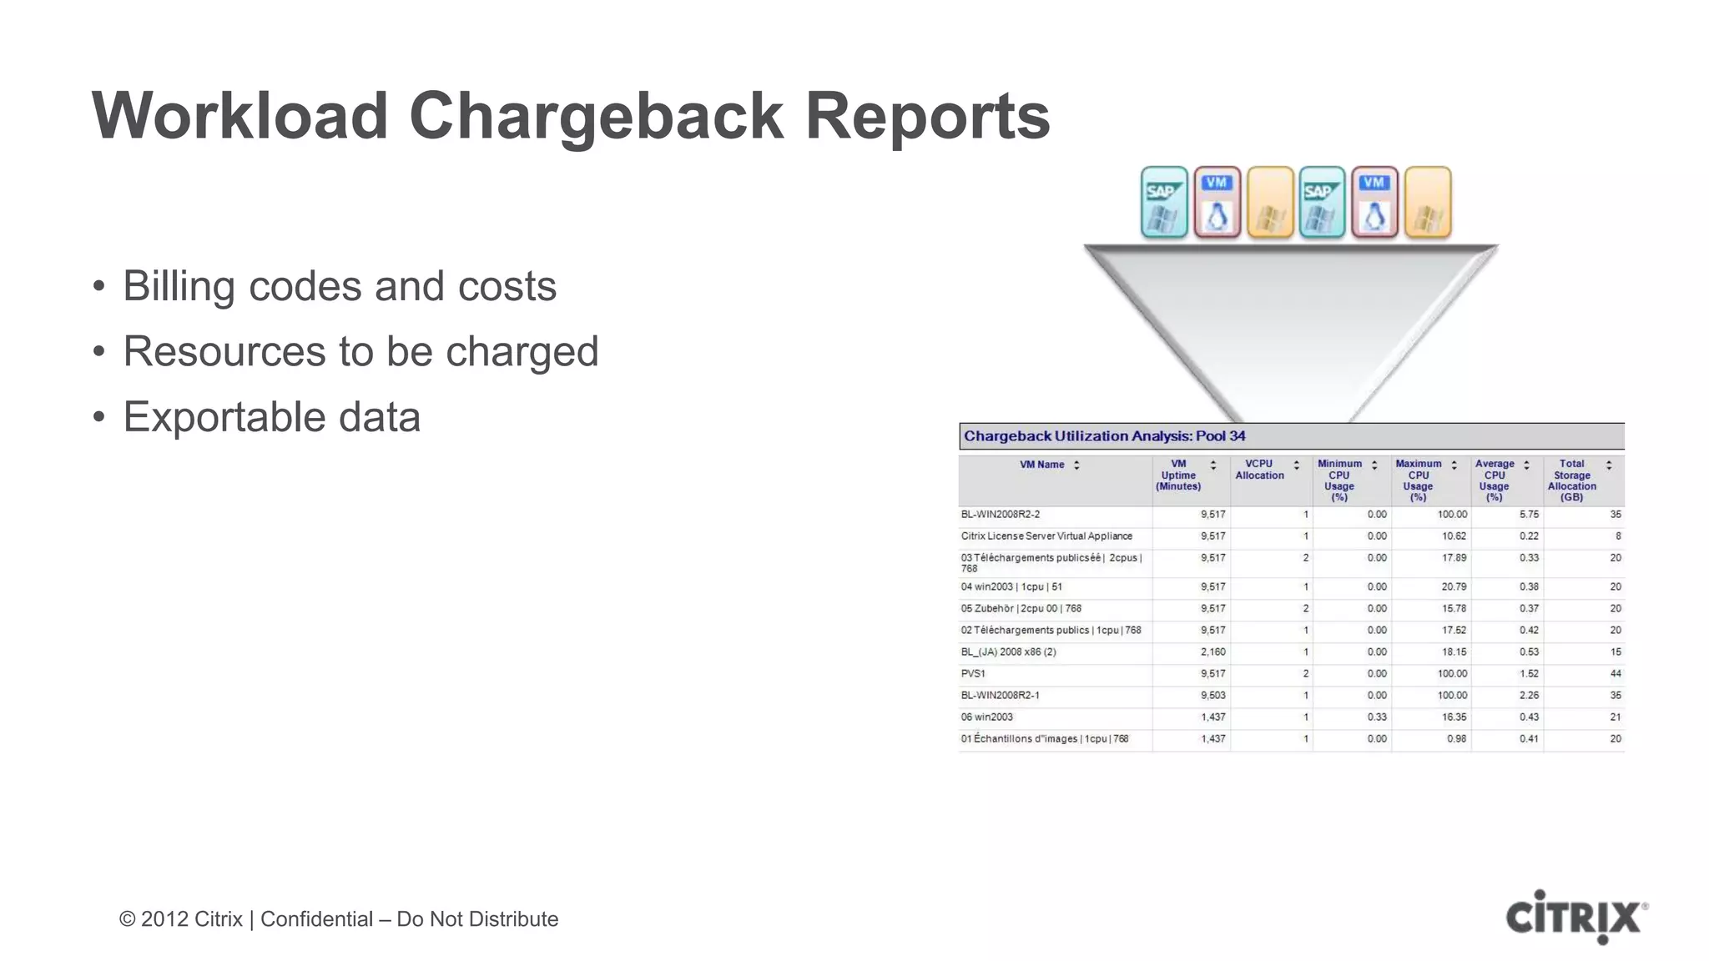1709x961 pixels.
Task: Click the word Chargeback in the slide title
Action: pyautogui.click(x=596, y=116)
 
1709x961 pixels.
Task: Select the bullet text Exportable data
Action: pyautogui.click(x=271, y=416)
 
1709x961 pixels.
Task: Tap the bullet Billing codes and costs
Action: pyautogui.click(x=339, y=286)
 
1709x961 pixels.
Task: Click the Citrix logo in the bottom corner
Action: pyautogui.click(x=1575, y=917)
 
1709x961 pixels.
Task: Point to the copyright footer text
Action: pyautogui.click(x=339, y=918)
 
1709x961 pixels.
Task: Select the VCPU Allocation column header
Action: pyautogui.click(x=1259, y=470)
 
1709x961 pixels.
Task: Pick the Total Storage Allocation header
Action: pyautogui.click(x=1571, y=480)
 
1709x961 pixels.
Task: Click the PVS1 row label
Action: pyautogui.click(x=973, y=673)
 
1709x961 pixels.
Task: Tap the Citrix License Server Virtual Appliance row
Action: pyautogui.click(x=1046, y=536)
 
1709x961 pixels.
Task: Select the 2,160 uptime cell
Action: pyautogui.click(x=1212, y=652)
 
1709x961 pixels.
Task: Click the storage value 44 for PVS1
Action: pyautogui.click(x=1615, y=673)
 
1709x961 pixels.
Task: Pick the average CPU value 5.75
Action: pyautogui.click(x=1529, y=515)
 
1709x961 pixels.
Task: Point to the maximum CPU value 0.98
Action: pyautogui.click(x=1456, y=738)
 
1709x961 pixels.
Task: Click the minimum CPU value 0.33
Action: pyautogui.click(x=1377, y=717)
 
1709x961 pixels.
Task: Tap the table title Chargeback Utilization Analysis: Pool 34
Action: pyautogui.click(x=1104, y=435)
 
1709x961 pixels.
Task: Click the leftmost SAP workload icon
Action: pyautogui.click(x=1163, y=203)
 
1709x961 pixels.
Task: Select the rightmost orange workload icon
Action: pyautogui.click(x=1428, y=203)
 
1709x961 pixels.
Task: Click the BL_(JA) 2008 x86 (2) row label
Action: pyautogui.click(x=1008, y=652)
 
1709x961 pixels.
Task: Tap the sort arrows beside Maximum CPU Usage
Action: pyautogui.click(x=1454, y=465)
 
